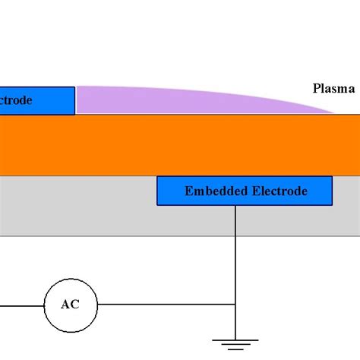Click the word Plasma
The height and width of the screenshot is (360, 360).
(x=333, y=88)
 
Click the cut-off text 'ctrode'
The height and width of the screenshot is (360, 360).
(x=16, y=100)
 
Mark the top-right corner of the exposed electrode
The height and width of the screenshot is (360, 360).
(x=74, y=87)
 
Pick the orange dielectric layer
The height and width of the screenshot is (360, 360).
(x=180, y=144)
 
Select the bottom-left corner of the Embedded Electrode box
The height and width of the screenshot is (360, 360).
(x=157, y=204)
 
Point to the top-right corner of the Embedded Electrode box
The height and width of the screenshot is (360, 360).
(x=332, y=177)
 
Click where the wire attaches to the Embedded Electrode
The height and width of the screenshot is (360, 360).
(x=235, y=205)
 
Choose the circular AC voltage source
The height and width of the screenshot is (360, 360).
(x=70, y=305)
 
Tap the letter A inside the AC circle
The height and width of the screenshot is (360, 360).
(x=65, y=305)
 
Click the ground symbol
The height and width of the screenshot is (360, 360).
(x=235, y=341)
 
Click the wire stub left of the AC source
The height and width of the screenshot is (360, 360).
(x=21, y=305)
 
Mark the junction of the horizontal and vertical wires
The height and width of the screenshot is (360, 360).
(x=235, y=305)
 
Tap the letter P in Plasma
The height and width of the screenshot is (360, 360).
(x=317, y=88)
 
